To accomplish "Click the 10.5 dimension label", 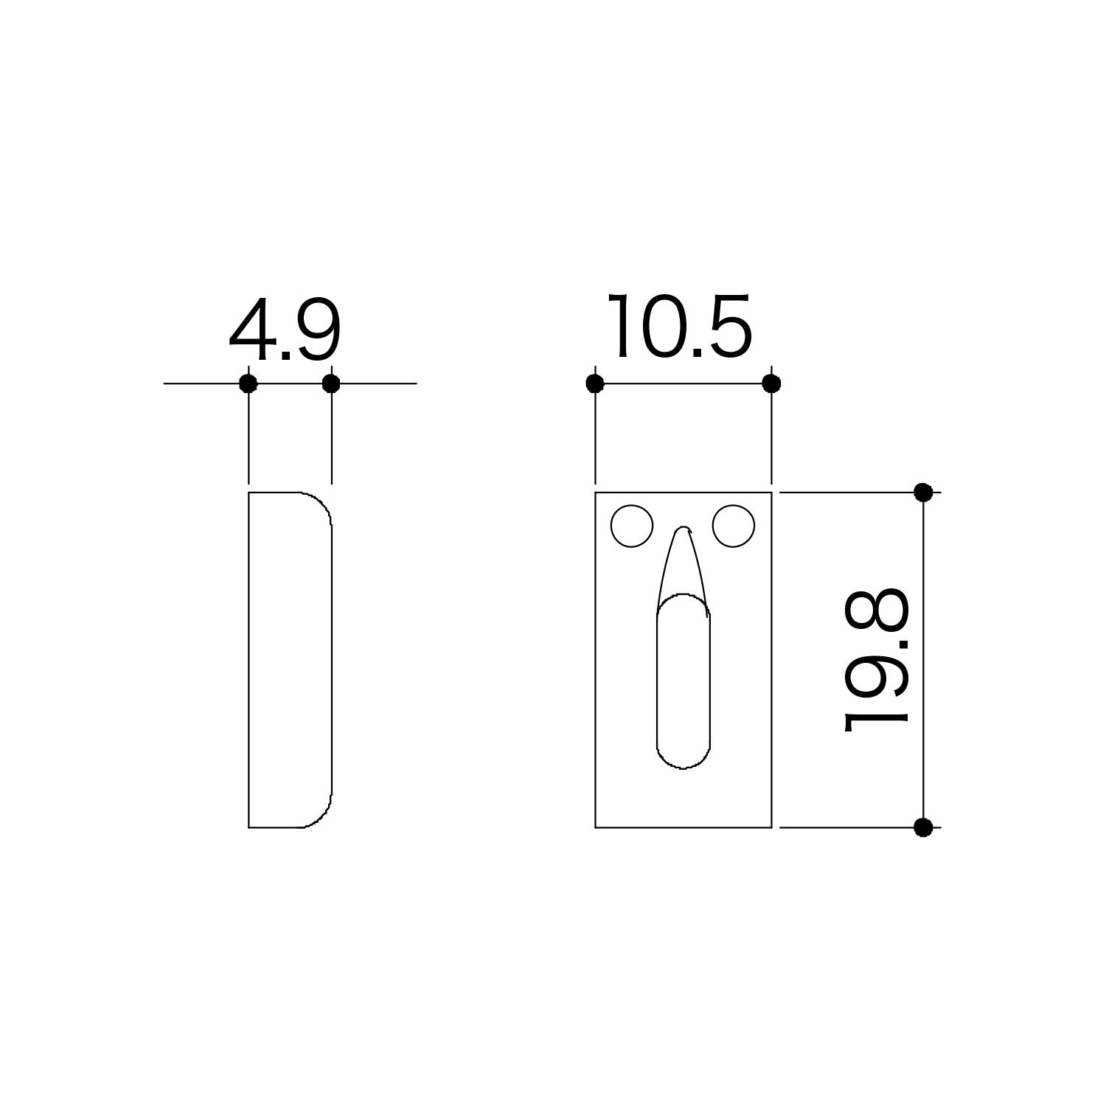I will coord(680,328).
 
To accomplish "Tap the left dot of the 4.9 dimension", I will coord(248,383).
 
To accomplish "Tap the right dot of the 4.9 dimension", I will coord(331,383).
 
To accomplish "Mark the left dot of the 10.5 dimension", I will coord(595,383).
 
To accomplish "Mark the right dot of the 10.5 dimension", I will coord(771,383).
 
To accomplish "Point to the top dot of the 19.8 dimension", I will coord(923,492).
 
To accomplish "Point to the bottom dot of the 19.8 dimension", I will coord(923,827).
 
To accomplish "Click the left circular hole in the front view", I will coord(632,526).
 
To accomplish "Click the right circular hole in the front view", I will coord(734,526).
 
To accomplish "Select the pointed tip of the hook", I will coord(685,529).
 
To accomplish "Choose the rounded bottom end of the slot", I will coord(684,759).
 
